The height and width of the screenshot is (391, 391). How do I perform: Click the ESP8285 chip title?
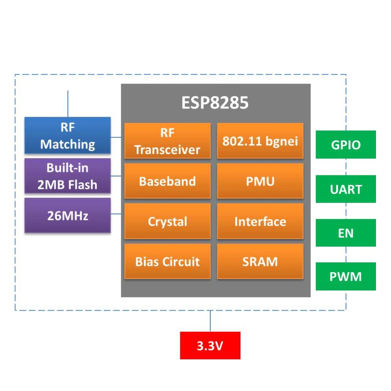click(x=215, y=103)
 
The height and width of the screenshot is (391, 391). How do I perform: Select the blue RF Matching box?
click(x=67, y=136)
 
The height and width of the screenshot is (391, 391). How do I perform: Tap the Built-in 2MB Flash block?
click(x=67, y=176)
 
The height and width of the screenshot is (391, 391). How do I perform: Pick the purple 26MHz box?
click(x=67, y=216)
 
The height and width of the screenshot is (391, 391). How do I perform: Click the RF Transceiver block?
click(x=167, y=141)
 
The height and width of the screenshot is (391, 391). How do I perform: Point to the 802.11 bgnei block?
click(x=260, y=141)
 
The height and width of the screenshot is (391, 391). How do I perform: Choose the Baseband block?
click(x=167, y=181)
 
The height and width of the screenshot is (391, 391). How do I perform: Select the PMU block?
click(x=260, y=181)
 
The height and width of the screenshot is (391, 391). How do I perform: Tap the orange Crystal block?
click(x=167, y=222)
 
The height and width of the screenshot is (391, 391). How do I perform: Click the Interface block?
click(x=260, y=222)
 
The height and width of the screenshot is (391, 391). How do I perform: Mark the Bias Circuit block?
click(x=167, y=262)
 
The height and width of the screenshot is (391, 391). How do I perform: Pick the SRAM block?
click(x=260, y=262)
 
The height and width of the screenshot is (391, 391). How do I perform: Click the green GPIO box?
click(x=346, y=145)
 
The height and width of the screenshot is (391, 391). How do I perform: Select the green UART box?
click(x=346, y=189)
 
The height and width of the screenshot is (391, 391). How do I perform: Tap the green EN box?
click(x=346, y=233)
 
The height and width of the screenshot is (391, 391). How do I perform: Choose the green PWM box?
click(x=346, y=276)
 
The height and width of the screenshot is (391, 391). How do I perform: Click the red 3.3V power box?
click(x=210, y=345)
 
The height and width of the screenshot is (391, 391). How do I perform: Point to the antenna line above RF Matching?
click(x=68, y=104)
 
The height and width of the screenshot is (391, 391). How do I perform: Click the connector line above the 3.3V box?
click(x=210, y=321)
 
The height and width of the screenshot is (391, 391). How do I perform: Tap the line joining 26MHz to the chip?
click(x=116, y=214)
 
